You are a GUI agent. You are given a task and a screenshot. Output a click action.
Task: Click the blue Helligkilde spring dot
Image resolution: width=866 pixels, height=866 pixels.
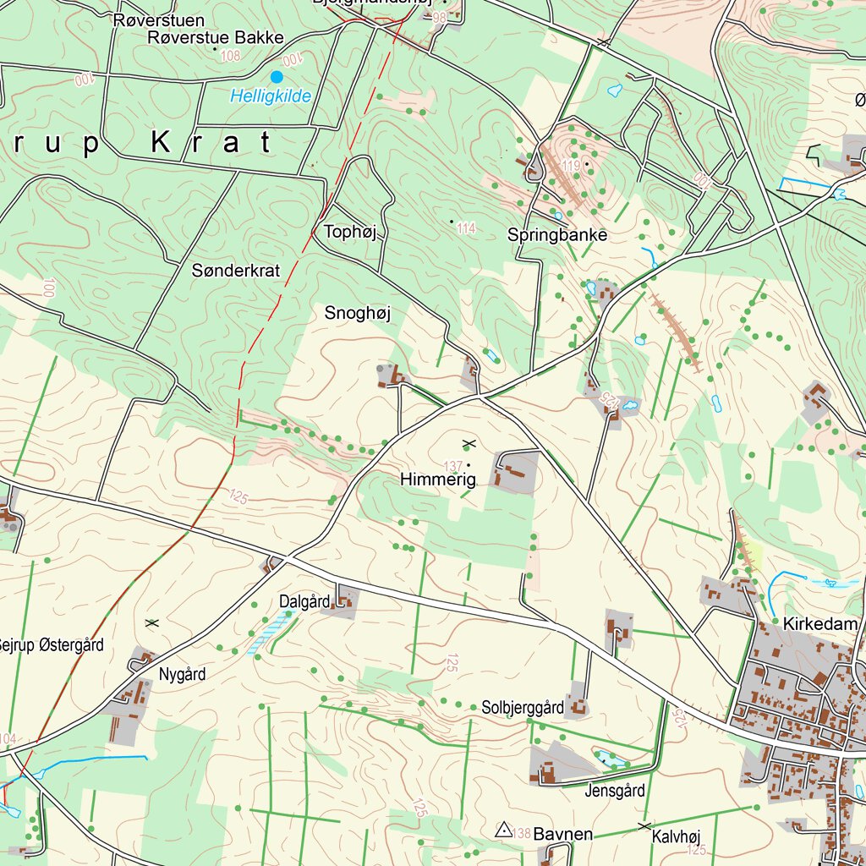[277, 77]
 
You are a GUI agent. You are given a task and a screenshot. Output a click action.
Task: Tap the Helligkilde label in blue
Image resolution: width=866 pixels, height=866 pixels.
[271, 96]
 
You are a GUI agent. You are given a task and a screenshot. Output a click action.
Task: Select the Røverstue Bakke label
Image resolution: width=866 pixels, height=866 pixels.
[215, 37]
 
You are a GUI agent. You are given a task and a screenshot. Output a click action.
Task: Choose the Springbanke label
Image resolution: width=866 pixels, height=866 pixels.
[557, 235]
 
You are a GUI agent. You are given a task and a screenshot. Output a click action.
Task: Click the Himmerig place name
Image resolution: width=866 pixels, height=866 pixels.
[438, 480]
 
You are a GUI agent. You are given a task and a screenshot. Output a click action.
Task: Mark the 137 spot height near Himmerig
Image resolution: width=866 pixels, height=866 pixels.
[453, 466]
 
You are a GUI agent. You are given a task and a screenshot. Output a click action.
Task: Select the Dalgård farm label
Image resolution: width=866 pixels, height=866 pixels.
[304, 602]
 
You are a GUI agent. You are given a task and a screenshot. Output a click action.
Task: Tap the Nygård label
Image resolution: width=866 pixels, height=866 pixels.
[182, 675]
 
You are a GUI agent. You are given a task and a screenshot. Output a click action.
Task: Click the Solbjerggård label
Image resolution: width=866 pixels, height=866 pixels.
[523, 707]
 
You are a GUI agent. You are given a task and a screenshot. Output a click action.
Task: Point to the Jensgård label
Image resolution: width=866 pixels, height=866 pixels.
[615, 792]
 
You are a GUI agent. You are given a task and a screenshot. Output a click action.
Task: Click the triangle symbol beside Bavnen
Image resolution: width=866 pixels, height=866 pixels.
[503, 830]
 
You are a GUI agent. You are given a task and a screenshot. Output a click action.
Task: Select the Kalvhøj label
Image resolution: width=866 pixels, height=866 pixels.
[677, 837]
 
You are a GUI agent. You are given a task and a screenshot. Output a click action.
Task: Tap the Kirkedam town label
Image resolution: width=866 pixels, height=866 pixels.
[820, 624]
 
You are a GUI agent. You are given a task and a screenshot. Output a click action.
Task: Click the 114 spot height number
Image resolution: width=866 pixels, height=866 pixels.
[466, 227]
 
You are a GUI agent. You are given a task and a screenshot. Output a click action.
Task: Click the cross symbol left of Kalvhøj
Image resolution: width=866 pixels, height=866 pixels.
[645, 826]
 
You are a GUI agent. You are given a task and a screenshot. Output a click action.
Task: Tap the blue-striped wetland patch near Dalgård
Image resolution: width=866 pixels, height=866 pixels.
[270, 633]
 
